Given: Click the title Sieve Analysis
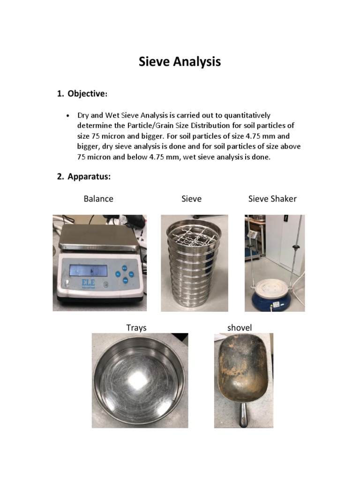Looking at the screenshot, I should pyautogui.click(x=180, y=62).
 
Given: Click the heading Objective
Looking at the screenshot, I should pyautogui.click(x=86, y=94).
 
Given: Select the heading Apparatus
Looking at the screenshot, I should pyautogui.click(x=89, y=177).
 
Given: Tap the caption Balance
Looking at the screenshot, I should pyautogui.click(x=98, y=199).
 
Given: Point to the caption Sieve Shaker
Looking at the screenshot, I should pyautogui.click(x=272, y=199).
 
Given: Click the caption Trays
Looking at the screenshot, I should pyautogui.click(x=136, y=328).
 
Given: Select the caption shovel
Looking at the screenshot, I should pyautogui.click(x=239, y=328).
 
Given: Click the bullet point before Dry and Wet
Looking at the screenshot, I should pyautogui.click(x=68, y=115).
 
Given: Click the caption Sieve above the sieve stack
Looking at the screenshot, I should pyautogui.click(x=191, y=199).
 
